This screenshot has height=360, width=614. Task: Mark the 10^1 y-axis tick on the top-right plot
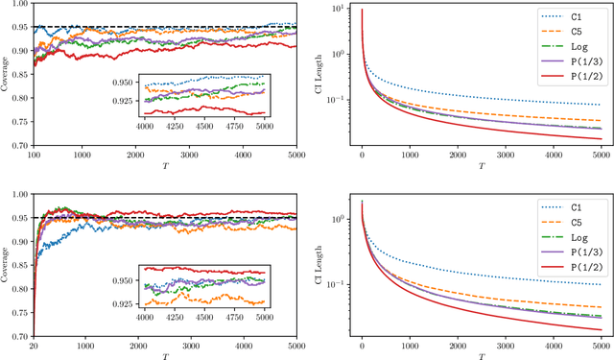click(339, 10)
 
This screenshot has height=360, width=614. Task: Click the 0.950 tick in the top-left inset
click(125, 83)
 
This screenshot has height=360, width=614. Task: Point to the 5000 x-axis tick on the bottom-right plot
click(598, 345)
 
